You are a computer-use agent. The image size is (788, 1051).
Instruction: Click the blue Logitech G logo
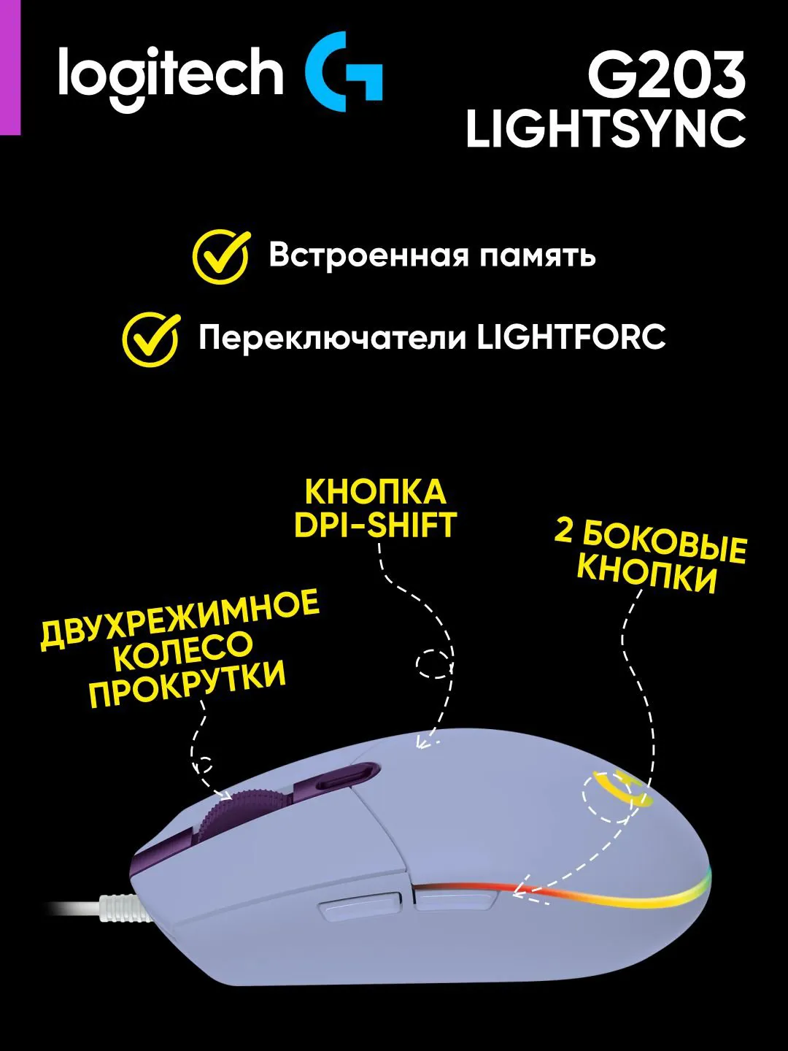pyautogui.click(x=343, y=72)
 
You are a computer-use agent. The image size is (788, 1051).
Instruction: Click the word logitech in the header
pyautogui.click(x=171, y=76)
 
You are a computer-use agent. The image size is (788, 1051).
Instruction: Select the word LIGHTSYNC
pyautogui.click(x=606, y=129)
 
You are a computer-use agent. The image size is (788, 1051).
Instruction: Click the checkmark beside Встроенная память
pyautogui.click(x=221, y=256)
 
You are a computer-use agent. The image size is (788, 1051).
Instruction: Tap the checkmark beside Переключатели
pyautogui.click(x=151, y=339)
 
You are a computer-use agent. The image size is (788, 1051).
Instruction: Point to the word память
pyautogui.click(x=538, y=257)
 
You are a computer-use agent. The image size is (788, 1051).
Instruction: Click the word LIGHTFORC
pyautogui.click(x=572, y=338)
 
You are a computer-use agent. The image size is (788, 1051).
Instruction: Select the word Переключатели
pyautogui.click(x=333, y=339)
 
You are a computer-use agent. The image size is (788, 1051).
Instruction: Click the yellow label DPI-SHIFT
pyautogui.click(x=375, y=525)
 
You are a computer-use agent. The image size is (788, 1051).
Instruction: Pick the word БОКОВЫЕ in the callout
pyautogui.click(x=665, y=548)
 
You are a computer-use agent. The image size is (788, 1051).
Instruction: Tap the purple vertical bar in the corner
pyautogui.click(x=10, y=68)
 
